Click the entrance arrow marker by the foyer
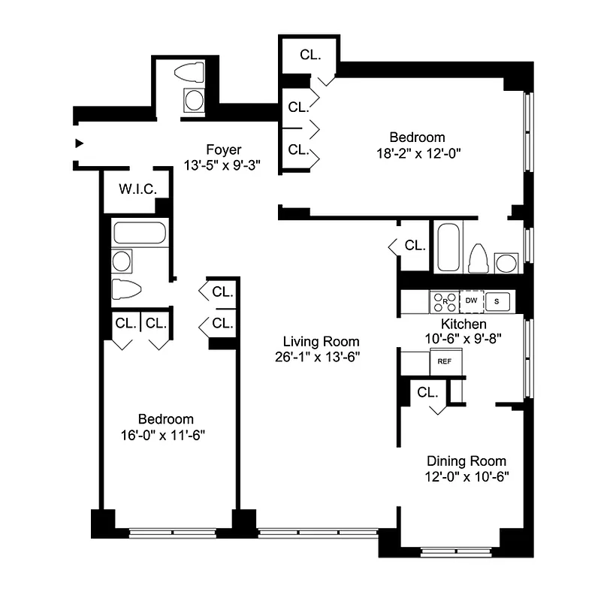pos(78,143)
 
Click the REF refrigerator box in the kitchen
pos(444,361)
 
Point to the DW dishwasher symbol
pos(471,301)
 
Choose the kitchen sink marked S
pos(497,301)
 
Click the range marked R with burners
pos(444,301)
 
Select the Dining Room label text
pos(466,461)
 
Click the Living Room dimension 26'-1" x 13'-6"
pos(318,357)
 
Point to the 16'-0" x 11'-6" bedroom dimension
pos(165,434)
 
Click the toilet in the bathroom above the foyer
pos(189,74)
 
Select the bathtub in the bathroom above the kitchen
pos(448,247)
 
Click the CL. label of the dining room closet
pos(427,392)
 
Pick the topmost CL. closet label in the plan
pos(310,54)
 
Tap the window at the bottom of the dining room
pos(451,554)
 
